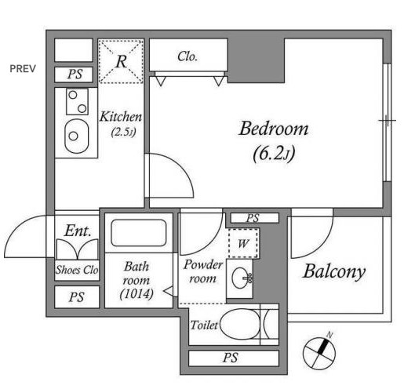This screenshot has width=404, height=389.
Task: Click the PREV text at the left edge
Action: (x=23, y=69)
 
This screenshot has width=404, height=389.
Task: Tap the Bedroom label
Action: (x=274, y=129)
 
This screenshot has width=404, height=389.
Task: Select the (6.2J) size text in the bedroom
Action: (x=274, y=154)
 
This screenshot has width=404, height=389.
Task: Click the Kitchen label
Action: (x=121, y=117)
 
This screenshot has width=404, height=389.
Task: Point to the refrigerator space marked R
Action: (x=121, y=61)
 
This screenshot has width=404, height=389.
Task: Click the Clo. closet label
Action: (x=187, y=56)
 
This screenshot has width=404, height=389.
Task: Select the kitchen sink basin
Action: (x=77, y=136)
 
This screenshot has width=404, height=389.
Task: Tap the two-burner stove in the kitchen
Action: (x=77, y=102)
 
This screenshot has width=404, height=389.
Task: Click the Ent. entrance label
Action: (x=78, y=231)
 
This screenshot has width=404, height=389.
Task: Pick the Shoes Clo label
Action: (x=77, y=270)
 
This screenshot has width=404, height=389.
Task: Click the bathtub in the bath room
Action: (x=139, y=233)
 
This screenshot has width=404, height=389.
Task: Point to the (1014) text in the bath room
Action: (x=136, y=294)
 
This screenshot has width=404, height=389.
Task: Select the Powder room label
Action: (x=202, y=271)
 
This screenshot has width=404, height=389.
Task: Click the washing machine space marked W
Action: (x=243, y=243)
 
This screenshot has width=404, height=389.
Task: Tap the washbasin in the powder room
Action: (x=242, y=278)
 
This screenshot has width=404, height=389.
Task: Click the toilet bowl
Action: (x=240, y=324)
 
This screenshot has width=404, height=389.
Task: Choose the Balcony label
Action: (x=334, y=272)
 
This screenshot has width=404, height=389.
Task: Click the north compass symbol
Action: (x=319, y=352)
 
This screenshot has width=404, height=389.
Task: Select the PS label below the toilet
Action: (x=231, y=358)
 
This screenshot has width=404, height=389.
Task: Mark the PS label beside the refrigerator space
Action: (x=75, y=75)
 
